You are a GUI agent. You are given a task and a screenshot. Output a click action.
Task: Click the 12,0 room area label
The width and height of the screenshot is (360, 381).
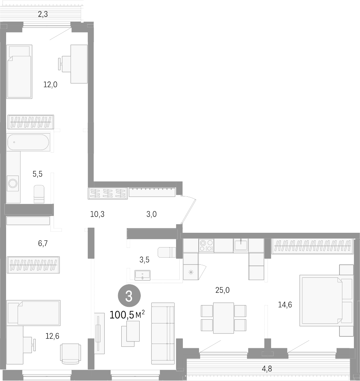pos(50,85)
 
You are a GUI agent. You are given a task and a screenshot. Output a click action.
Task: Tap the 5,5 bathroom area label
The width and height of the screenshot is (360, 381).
pos(37,174)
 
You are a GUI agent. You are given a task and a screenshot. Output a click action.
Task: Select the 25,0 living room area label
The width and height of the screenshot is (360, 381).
pos(222,290)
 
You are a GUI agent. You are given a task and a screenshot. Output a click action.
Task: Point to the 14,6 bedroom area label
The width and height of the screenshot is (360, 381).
pos(284,305)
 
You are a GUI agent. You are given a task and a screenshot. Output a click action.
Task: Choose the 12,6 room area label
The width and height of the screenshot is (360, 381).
pos(52,336)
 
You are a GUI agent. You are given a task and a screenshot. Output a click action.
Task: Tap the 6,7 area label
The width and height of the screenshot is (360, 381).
pos(43,244)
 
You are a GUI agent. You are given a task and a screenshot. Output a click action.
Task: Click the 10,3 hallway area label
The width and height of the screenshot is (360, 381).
pos(97,214)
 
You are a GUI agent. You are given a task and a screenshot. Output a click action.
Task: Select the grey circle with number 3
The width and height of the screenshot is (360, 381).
pos(129,296)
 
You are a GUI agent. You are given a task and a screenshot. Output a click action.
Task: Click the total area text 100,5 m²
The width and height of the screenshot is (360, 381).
pos(127,315)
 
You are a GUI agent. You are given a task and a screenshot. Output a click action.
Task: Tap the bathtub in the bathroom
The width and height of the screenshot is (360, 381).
pos(28,142)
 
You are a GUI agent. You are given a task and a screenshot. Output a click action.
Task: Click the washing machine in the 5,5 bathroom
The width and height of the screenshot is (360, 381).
pos(13,183)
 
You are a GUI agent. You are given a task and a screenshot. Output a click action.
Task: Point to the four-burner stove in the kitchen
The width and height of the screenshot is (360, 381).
pos(206,245)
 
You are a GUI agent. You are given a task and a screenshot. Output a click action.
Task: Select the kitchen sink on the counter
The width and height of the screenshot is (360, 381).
pos(240,245)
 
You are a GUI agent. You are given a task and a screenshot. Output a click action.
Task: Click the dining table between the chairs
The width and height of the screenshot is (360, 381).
pos(223,318)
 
